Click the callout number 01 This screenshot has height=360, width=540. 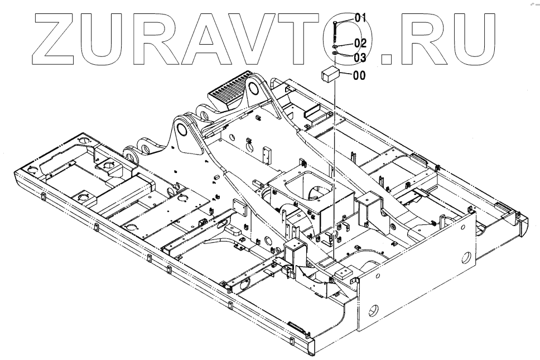357,17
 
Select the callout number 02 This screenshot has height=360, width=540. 359,43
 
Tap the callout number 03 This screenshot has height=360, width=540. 359,57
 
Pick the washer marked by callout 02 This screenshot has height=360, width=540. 334,46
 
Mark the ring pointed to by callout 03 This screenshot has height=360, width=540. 334,54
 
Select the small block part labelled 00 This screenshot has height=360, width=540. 330,73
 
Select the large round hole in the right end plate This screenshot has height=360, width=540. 465,257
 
